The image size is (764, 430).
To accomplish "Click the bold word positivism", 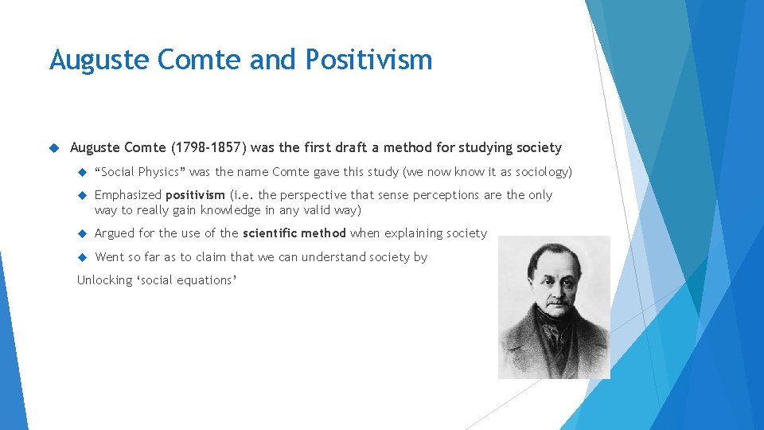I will [195, 195].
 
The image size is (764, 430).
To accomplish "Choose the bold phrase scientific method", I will [294, 233].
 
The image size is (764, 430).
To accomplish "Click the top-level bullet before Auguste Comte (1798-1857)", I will [54, 147].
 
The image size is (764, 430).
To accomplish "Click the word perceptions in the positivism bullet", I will [461, 195].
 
